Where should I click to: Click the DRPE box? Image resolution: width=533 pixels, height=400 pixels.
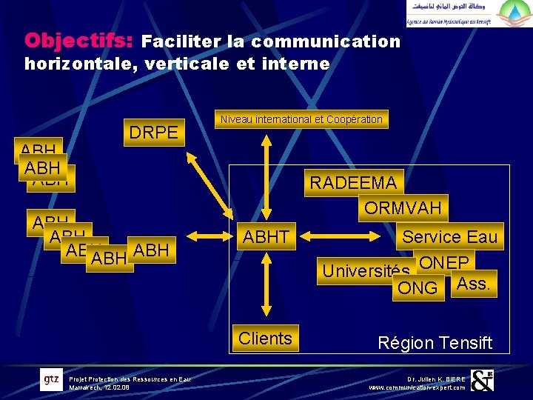click(154, 133)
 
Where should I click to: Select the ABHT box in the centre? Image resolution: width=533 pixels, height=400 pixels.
click(266, 237)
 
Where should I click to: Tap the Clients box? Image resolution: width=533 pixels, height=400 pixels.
click(265, 339)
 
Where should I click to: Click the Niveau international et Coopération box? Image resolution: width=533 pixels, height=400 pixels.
click(301, 119)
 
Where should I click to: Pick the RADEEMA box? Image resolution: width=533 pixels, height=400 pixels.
click(353, 183)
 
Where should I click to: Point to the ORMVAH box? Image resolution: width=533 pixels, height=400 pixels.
click(402, 207)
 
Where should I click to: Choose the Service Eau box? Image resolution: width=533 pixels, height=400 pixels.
click(449, 237)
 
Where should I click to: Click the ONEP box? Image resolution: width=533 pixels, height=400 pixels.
click(444, 263)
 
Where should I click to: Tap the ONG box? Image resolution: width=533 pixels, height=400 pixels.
click(418, 288)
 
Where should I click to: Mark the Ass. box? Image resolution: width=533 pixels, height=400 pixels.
click(473, 283)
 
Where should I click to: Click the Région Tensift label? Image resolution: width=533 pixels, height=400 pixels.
click(435, 343)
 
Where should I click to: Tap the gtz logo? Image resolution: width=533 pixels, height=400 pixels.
click(51, 380)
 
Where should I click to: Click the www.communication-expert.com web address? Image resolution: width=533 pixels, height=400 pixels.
click(418, 387)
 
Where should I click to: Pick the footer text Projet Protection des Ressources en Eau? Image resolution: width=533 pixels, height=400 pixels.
click(130, 379)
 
